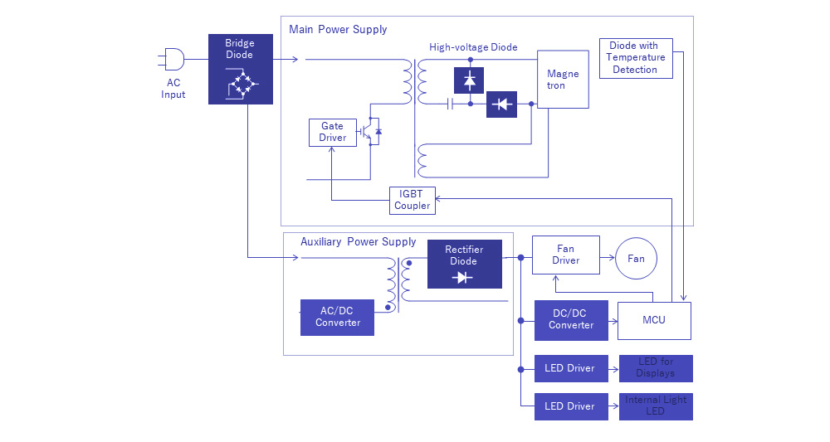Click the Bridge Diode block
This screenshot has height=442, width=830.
(x=240, y=69)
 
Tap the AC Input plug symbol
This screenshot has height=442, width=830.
(x=174, y=60)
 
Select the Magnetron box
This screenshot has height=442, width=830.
(x=563, y=80)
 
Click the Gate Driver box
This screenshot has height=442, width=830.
(x=332, y=132)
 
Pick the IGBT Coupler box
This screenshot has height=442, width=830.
(x=413, y=200)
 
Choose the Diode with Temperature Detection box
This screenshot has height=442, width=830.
(x=635, y=58)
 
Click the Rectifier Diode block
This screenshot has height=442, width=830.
(x=464, y=264)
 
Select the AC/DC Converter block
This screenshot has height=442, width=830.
(x=337, y=317)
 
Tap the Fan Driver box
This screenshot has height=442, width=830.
(x=565, y=255)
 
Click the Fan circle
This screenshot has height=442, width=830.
(x=635, y=259)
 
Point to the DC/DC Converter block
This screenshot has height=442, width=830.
(x=571, y=319)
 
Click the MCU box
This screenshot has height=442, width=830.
(x=654, y=320)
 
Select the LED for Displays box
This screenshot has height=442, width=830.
(x=656, y=368)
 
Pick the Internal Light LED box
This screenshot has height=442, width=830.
(x=656, y=406)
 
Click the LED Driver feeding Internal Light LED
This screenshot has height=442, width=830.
(x=569, y=406)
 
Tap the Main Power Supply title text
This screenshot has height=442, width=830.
(x=338, y=30)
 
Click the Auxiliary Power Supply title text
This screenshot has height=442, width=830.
(x=358, y=242)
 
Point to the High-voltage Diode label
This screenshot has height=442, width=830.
(x=473, y=47)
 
